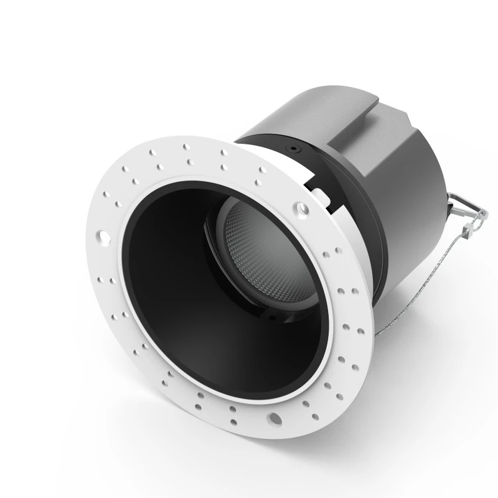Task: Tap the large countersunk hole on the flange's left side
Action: point(101,237)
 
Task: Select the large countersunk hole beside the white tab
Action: point(301,207)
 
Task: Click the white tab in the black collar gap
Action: point(317,189)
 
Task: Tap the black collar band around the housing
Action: point(349,205)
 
